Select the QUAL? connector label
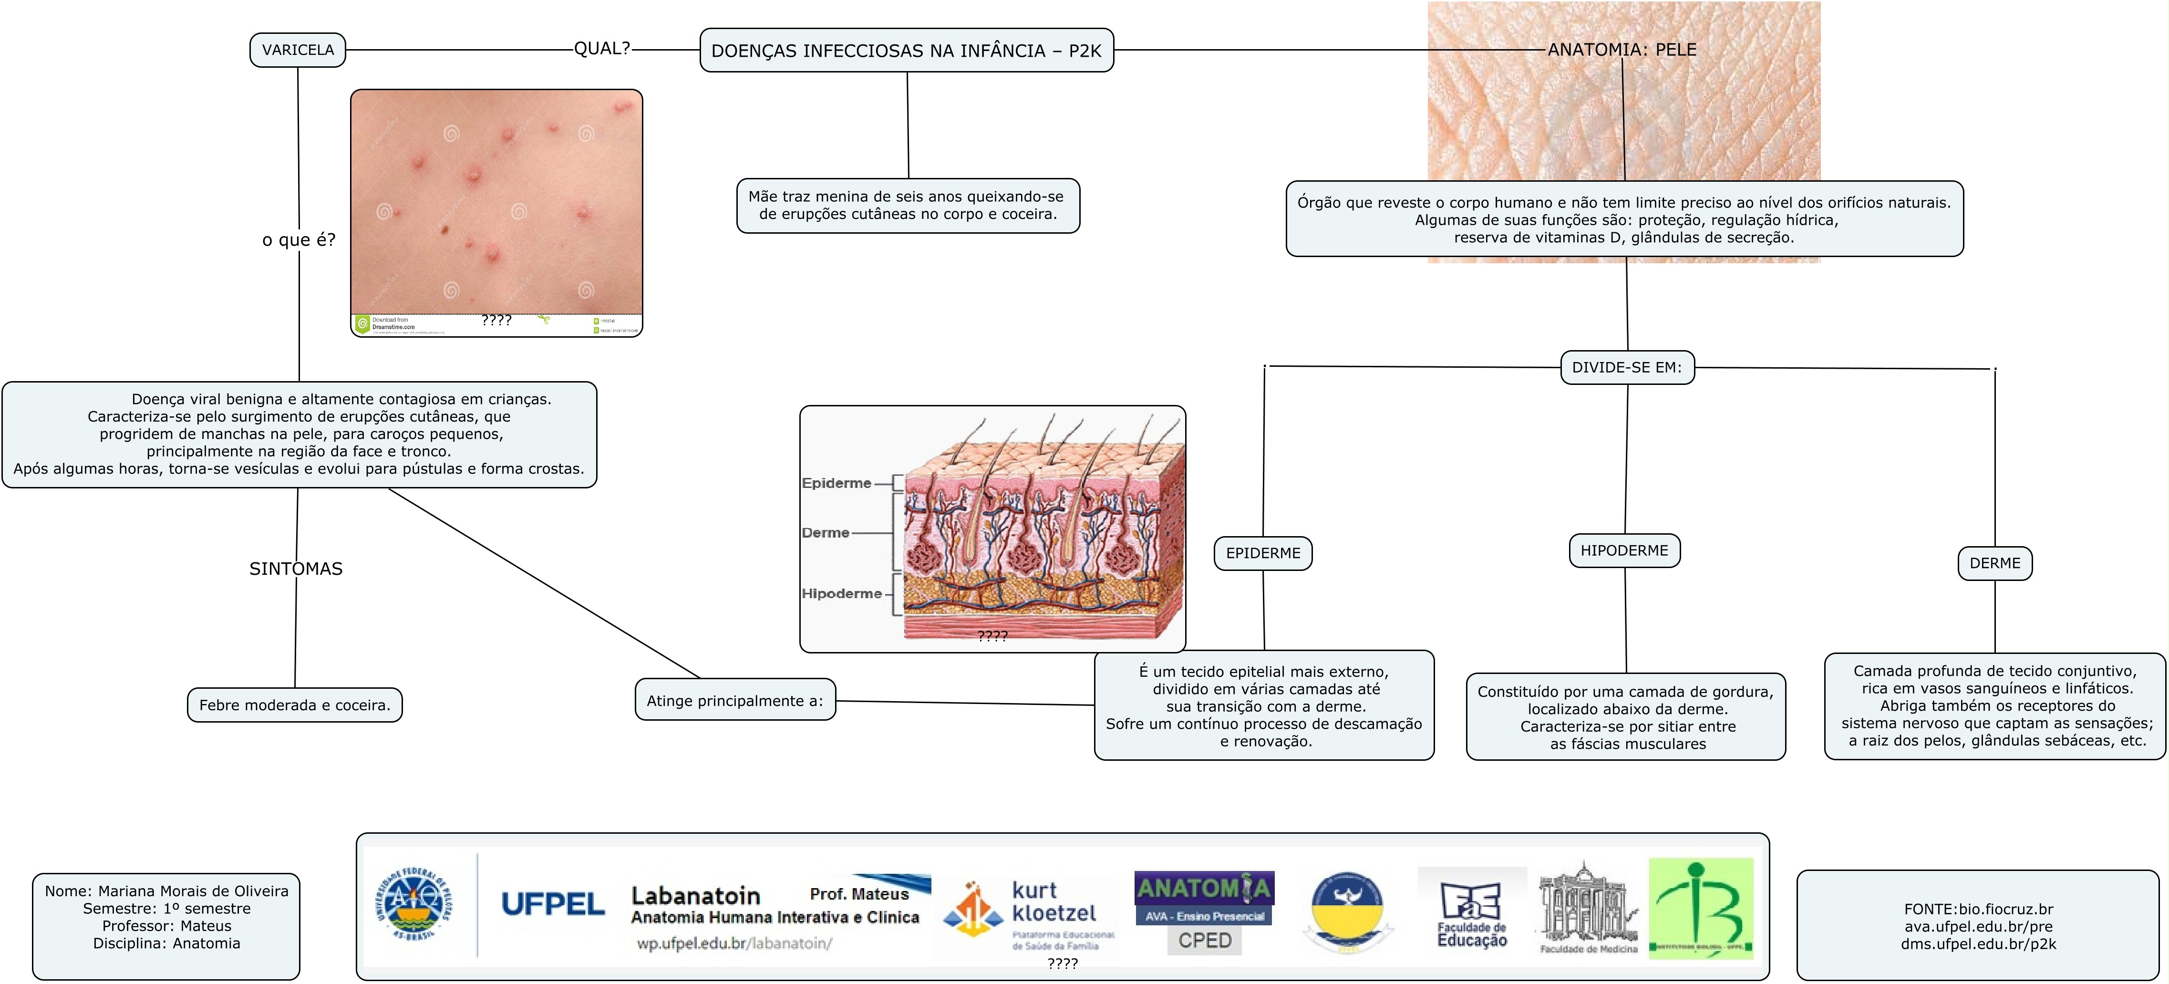click(x=601, y=49)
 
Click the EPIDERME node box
click(x=1262, y=553)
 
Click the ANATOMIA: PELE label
click(x=1622, y=50)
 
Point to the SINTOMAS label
click(x=296, y=569)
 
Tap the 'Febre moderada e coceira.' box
click(x=295, y=705)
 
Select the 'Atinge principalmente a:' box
click(x=734, y=700)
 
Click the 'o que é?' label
click(x=298, y=240)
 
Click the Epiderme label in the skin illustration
click(x=836, y=483)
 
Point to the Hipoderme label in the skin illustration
click(x=841, y=593)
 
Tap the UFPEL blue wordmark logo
click(x=552, y=904)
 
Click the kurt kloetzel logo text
click(x=1054, y=901)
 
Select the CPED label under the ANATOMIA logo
click(x=1204, y=940)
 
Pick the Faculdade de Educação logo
click(x=1471, y=914)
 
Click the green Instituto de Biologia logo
click(x=1700, y=908)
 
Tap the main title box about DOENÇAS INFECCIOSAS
click(x=906, y=51)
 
